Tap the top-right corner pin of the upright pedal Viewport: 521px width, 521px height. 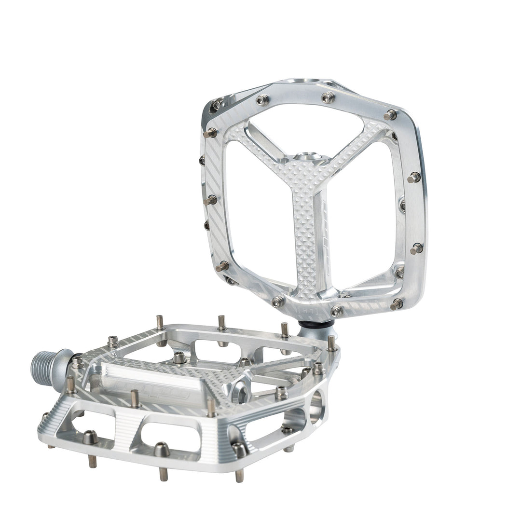390,115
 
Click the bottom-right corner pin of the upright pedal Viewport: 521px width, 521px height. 396,304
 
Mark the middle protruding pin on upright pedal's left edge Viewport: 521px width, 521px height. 210,200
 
